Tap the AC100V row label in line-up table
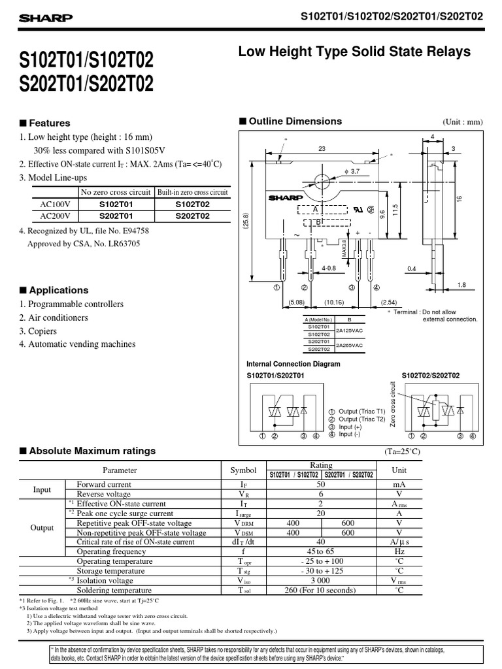tap(55, 204)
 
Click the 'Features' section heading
tap(49, 123)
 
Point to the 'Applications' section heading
tap(58, 290)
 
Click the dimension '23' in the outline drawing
tap(322, 150)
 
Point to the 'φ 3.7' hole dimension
tap(352, 171)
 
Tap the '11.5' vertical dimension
tap(395, 213)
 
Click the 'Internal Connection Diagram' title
tap(293, 364)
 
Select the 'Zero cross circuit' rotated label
tap(393, 406)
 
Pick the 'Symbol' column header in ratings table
tap(243, 470)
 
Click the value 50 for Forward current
tap(320, 485)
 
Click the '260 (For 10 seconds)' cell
tap(320, 590)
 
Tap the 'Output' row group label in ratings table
tap(42, 527)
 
